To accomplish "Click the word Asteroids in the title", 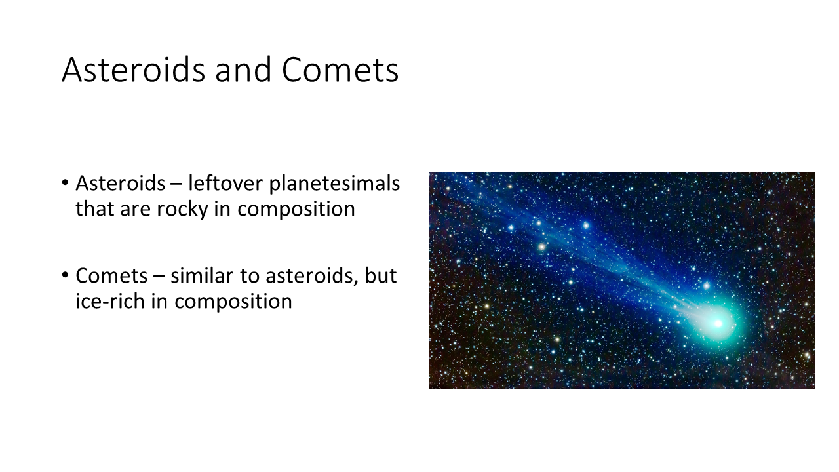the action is pyautogui.click(x=134, y=69).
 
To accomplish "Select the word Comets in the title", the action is pyautogui.click(x=340, y=70).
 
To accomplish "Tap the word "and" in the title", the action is pyautogui.click(x=243, y=69).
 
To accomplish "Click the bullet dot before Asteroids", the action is pyautogui.click(x=65, y=183).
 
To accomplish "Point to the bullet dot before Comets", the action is pyautogui.click(x=65, y=275).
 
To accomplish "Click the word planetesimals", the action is pyautogui.click(x=334, y=184).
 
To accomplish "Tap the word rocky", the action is pyautogui.click(x=182, y=209).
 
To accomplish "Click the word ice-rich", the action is pyautogui.click(x=110, y=301).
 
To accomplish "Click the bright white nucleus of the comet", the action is pyautogui.click(x=718, y=324).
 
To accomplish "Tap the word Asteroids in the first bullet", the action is pyautogui.click(x=120, y=184).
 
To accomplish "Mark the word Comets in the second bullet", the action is pyautogui.click(x=111, y=276).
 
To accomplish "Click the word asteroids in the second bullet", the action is pyautogui.click(x=312, y=277).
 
